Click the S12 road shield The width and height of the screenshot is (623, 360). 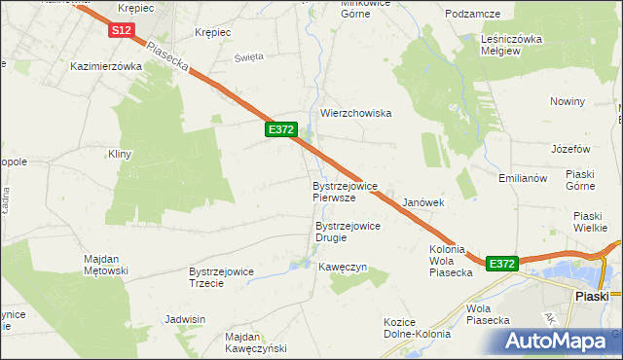pos(121,31)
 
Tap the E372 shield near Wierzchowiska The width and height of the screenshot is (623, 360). pos(280,128)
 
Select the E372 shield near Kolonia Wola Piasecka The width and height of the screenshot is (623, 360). pos(501,264)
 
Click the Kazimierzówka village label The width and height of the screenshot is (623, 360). pos(107,67)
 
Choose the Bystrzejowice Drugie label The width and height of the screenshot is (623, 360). pos(348,232)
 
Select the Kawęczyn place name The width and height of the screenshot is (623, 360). pos(342,267)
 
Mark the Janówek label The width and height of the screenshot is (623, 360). pos(423,202)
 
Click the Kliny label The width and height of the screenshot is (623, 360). pos(120,154)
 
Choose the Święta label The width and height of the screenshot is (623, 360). pos(249,56)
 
